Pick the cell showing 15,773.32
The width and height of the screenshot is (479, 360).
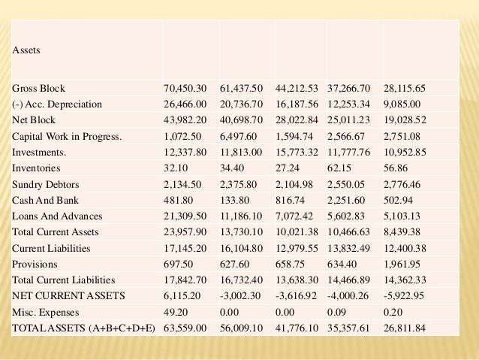tap(298, 153)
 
